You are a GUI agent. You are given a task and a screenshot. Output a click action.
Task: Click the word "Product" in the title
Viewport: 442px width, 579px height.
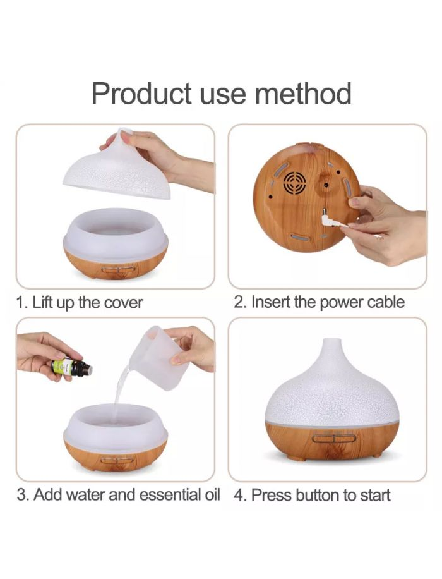tap(141, 93)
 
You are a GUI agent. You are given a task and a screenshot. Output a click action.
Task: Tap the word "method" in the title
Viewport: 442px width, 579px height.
tap(303, 93)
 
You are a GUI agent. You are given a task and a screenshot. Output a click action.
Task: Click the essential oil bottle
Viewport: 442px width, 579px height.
tap(71, 367)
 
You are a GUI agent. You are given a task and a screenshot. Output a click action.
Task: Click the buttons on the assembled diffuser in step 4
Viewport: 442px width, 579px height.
tap(333, 438)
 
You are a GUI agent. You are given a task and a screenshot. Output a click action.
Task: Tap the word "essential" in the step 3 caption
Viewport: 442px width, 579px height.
tap(170, 495)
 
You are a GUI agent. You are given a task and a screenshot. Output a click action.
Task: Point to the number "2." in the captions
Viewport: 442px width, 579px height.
tap(240, 302)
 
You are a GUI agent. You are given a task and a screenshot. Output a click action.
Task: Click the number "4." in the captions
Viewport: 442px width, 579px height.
tap(241, 495)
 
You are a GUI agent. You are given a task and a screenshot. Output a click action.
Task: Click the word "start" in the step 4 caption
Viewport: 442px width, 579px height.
tap(375, 496)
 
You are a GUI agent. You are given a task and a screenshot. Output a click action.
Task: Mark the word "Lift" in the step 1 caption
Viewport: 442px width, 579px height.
tap(42, 302)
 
